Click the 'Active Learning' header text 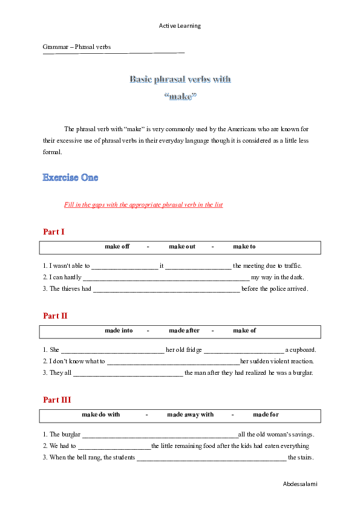(x=180, y=26)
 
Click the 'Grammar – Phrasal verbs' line (x=76, y=47)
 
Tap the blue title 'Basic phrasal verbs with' (x=180, y=79)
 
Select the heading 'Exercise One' (x=70, y=178)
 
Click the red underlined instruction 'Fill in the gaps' (x=143, y=205)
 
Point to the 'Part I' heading (x=54, y=232)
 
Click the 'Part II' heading (x=55, y=316)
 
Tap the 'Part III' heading (x=57, y=400)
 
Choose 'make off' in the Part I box (x=117, y=247)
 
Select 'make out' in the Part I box (x=182, y=247)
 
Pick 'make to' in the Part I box (x=244, y=247)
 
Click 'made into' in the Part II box (x=119, y=331)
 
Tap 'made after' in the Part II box (x=184, y=331)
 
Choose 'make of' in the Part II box (x=244, y=331)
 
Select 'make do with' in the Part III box (x=101, y=415)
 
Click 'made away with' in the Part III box (x=190, y=415)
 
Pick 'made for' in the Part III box (x=266, y=415)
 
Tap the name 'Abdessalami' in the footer (x=299, y=484)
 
